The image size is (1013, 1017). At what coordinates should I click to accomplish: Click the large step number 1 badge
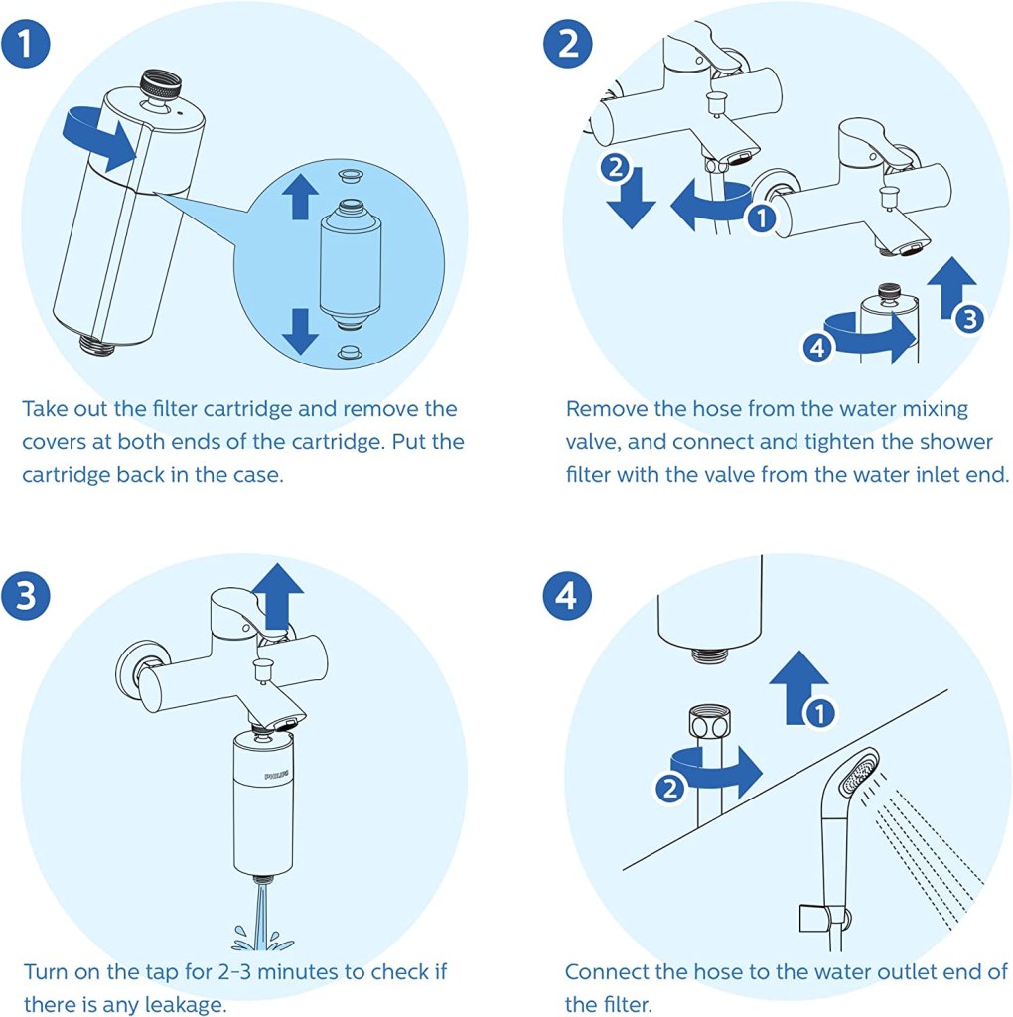click(x=25, y=43)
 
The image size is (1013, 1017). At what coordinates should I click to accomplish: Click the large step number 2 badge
click(x=567, y=43)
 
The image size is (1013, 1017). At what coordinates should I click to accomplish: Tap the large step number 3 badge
click(x=25, y=595)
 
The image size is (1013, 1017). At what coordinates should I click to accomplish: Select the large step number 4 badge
click(x=567, y=595)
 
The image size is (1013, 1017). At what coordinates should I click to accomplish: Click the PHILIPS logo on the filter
click(x=276, y=776)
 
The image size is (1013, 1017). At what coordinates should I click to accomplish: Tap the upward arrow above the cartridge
click(x=300, y=196)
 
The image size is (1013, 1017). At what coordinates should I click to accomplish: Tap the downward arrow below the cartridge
click(x=300, y=331)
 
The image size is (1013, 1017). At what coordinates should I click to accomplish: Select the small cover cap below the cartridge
click(x=351, y=353)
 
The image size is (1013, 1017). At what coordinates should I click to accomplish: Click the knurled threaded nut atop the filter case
click(x=160, y=85)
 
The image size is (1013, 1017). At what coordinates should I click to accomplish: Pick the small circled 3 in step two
click(x=969, y=319)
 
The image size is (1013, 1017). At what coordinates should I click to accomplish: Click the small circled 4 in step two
click(x=817, y=348)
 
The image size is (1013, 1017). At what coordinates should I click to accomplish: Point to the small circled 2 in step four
click(x=669, y=788)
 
